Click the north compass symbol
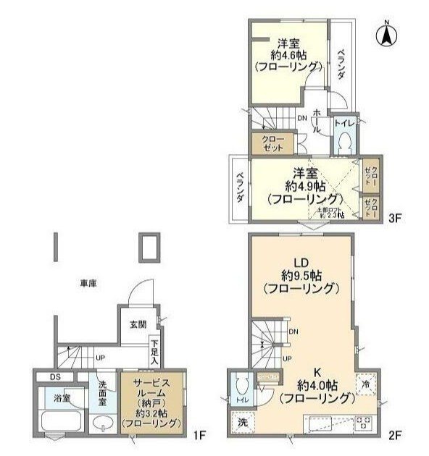(388, 33)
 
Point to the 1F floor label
(200, 436)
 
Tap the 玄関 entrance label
(138, 324)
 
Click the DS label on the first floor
(54, 376)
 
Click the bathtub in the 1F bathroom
(60, 421)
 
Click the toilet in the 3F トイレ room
(344, 140)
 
